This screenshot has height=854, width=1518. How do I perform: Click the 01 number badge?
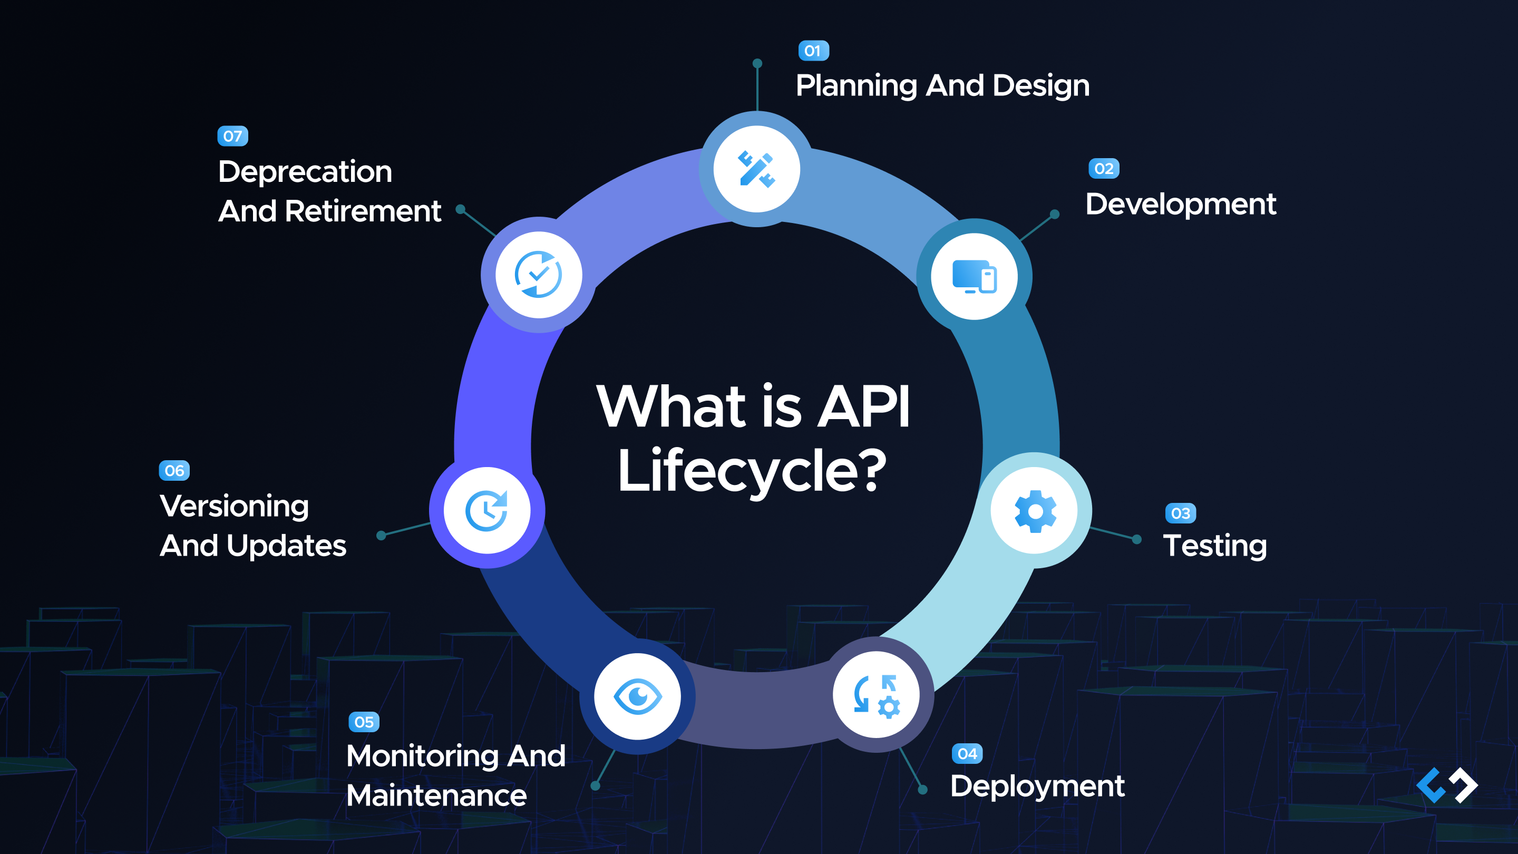pyautogui.click(x=813, y=51)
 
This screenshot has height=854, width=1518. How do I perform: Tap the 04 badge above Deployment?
pyautogui.click(x=967, y=753)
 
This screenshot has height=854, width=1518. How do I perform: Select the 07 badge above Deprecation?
pyautogui.click(x=233, y=136)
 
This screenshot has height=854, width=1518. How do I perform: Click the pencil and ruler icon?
pyautogui.click(x=757, y=169)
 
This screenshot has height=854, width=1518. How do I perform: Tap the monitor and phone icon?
pyautogui.click(x=974, y=276)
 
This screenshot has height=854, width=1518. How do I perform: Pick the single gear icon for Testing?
pyautogui.click(x=1035, y=510)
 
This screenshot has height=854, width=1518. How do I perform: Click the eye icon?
pyautogui.click(x=638, y=696)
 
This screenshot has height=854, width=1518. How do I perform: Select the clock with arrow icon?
pyautogui.click(x=486, y=510)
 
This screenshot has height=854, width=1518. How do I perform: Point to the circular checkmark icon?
pyautogui.click(x=538, y=275)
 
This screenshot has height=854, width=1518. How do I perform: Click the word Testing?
pyautogui.click(x=1214, y=545)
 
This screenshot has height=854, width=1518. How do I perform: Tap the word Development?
pyautogui.click(x=1180, y=205)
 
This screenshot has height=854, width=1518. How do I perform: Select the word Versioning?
pyautogui.click(x=235, y=506)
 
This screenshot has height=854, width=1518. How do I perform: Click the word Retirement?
pyautogui.click(x=363, y=211)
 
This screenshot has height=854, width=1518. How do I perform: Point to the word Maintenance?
pyautogui.click(x=436, y=795)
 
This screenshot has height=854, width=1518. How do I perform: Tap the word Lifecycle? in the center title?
pyautogui.click(x=752, y=471)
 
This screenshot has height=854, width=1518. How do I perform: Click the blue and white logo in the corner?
pyautogui.click(x=1447, y=785)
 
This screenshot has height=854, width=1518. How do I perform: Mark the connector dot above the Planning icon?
pyautogui.click(x=757, y=64)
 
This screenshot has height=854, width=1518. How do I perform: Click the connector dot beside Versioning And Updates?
pyautogui.click(x=381, y=535)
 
